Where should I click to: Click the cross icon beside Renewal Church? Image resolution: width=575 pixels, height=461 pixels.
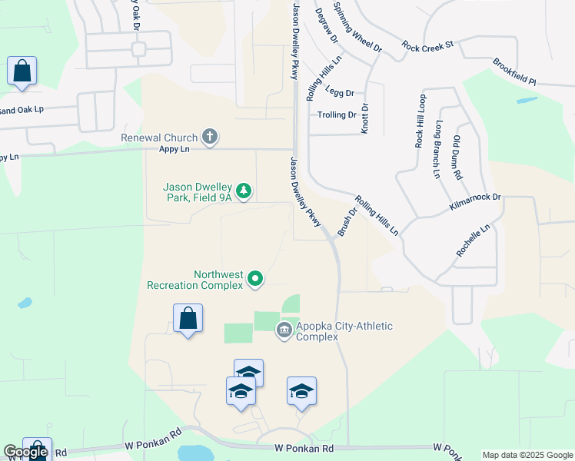click(209, 138)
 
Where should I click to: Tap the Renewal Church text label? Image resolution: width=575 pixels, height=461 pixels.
click(159, 138)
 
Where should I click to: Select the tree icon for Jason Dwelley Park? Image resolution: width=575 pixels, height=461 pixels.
click(244, 190)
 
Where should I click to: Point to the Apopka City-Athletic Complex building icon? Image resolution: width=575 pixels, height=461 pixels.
click(284, 330)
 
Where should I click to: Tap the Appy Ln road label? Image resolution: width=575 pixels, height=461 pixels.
click(174, 149)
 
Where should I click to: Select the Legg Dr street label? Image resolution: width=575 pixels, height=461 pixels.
click(339, 92)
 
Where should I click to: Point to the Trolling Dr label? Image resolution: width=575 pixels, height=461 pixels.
click(337, 115)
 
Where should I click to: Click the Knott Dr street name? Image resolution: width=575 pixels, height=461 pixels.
click(365, 118)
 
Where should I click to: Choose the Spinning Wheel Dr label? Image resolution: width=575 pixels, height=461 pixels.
click(357, 27)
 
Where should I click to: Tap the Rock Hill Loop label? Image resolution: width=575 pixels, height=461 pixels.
click(420, 121)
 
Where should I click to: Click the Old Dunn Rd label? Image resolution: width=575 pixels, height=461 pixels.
click(457, 158)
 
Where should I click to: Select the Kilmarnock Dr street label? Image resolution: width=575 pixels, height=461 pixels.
click(475, 203)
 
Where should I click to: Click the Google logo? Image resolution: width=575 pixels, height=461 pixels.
click(25, 452)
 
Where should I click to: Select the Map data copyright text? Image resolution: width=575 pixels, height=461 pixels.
click(527, 455)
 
